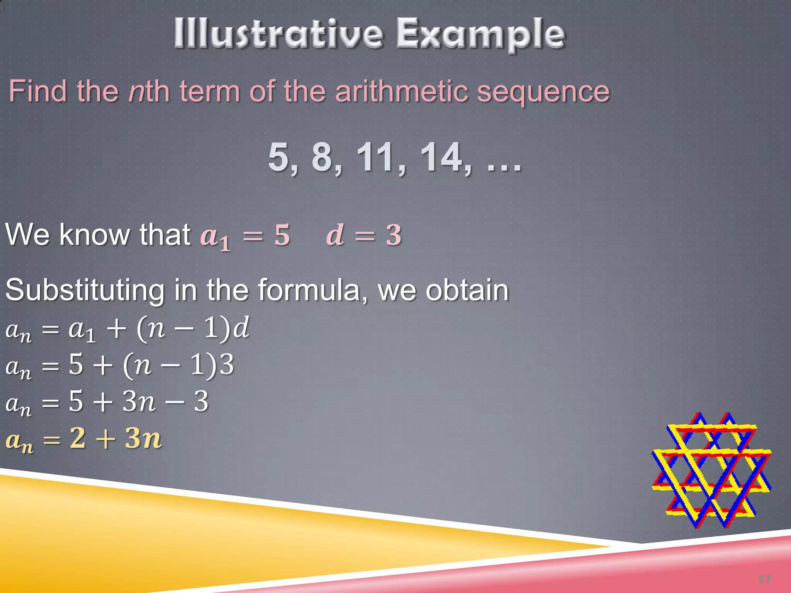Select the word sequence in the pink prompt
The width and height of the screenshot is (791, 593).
pyautogui.click(x=543, y=93)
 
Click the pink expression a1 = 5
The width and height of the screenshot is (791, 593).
pyautogui.click(x=245, y=236)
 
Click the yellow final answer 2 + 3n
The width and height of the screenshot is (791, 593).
pyautogui.click(x=84, y=439)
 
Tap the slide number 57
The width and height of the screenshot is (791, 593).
pyautogui.click(x=764, y=579)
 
